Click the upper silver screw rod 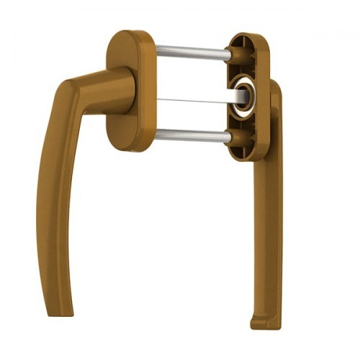coord(191,52)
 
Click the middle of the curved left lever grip coord(50,209)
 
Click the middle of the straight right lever coord(272,216)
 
